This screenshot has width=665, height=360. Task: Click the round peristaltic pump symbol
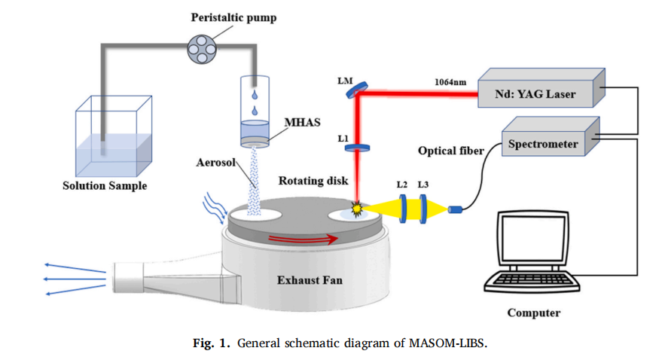tap(200, 50)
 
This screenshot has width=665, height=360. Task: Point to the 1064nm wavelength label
tap(450, 83)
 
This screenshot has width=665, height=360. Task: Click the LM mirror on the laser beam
tap(353, 91)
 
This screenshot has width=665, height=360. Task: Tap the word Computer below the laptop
tap(533, 313)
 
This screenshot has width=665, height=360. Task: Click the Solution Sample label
tap(104, 186)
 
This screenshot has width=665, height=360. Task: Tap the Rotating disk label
tap(310, 181)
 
